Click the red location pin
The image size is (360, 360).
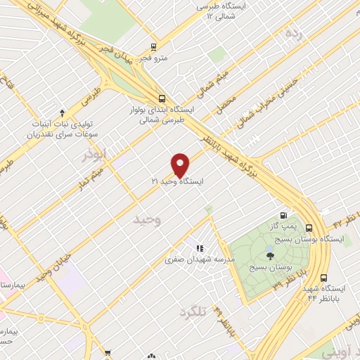[181, 165]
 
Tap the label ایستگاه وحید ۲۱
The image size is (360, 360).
[177, 181]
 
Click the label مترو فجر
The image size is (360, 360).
[152, 58]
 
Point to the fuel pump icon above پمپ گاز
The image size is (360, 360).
[283, 215]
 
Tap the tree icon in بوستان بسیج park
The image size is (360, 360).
[270, 256]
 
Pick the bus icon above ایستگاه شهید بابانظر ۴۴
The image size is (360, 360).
[324, 278]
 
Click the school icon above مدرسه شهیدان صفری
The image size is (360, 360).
[200, 248]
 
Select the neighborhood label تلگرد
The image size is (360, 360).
[195, 311]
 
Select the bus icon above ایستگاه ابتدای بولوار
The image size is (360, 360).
[162, 98]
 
